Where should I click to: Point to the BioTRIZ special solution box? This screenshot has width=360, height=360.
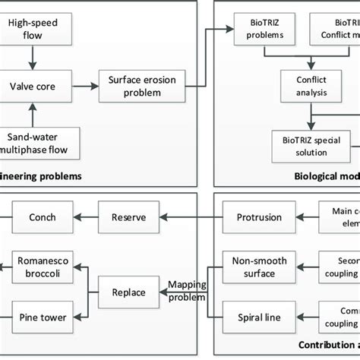[x=310, y=142]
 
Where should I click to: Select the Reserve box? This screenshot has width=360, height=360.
[x=128, y=216]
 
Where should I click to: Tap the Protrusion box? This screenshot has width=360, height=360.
[x=254, y=216]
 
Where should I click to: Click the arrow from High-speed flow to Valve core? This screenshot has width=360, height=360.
[x=31, y=56]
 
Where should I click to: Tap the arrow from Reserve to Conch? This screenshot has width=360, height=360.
[x=84, y=216]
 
